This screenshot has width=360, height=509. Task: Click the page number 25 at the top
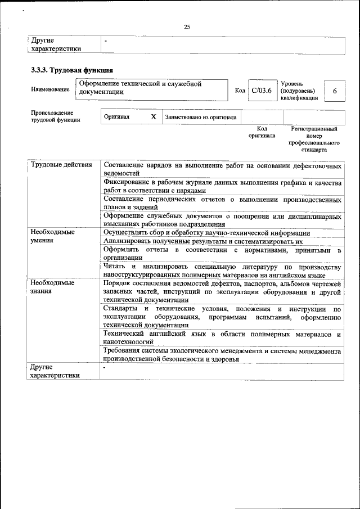point(187,26)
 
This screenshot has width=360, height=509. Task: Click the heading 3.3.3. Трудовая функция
point(72,70)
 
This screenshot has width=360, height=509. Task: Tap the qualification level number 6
point(335,91)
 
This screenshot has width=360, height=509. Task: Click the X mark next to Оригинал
point(153,117)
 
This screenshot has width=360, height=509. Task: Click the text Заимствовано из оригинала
point(201,118)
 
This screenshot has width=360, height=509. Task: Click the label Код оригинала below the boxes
point(262,132)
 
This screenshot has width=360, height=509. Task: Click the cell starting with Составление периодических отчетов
point(222,204)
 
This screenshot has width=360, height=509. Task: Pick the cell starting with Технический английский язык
point(222,338)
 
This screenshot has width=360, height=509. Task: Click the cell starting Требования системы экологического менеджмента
point(222,355)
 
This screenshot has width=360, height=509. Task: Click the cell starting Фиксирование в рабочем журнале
point(222,187)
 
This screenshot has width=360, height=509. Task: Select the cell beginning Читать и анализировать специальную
point(222,271)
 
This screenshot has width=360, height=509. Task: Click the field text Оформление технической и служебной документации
point(141,88)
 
